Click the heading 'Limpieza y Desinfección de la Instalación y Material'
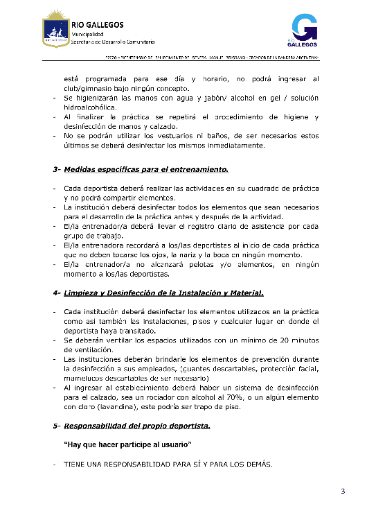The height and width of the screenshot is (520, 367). tap(163, 293)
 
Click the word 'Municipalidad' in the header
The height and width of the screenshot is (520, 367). tap(88, 34)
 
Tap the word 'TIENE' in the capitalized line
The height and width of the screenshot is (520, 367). tap(74, 464)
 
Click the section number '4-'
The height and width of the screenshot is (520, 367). tap(57, 293)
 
